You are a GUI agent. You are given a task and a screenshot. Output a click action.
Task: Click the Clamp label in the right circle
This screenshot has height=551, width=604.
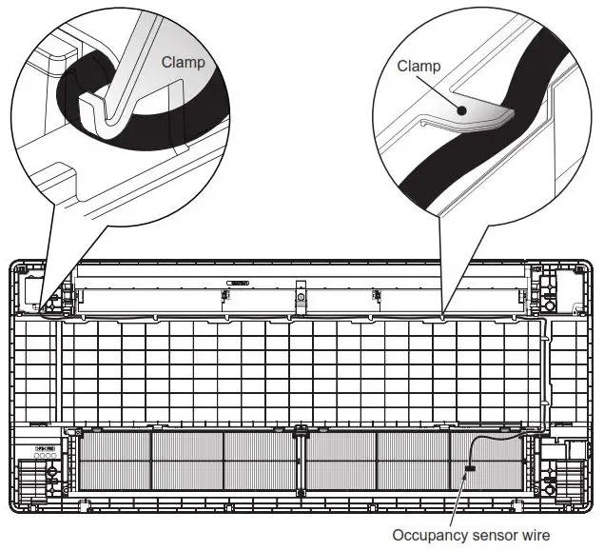click(419, 67)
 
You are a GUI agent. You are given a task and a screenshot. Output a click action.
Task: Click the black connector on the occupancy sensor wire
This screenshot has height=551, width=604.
click(469, 469)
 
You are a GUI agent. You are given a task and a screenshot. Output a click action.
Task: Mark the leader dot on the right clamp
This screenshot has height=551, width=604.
click(460, 110)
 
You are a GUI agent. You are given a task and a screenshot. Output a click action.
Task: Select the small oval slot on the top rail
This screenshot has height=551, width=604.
click(237, 283)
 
